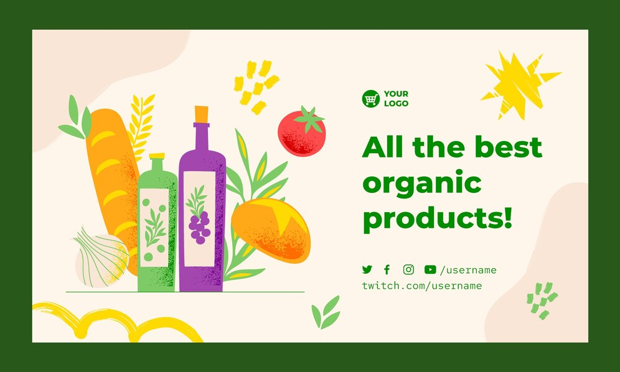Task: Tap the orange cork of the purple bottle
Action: (x=201, y=114)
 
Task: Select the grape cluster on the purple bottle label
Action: (x=199, y=227)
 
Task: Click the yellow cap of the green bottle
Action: (x=157, y=156)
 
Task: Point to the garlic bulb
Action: (x=102, y=258)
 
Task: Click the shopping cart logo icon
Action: (x=370, y=98)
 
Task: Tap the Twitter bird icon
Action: (x=367, y=269)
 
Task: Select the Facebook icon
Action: (x=387, y=269)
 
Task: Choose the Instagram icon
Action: (x=408, y=269)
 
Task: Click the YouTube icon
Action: (x=430, y=269)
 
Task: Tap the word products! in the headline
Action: (x=438, y=218)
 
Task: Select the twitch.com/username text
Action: (x=422, y=286)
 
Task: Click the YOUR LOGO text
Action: (x=396, y=98)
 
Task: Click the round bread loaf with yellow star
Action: (x=271, y=230)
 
